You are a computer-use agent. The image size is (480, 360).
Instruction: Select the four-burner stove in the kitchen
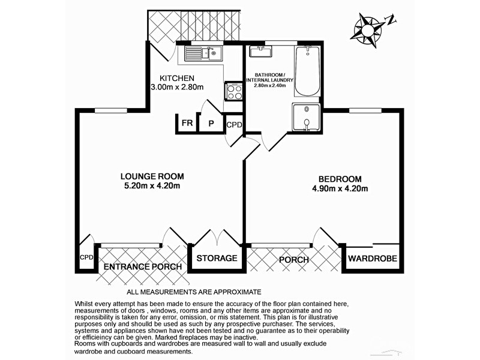click(x=233, y=91)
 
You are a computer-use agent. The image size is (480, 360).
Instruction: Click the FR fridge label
click(x=187, y=124)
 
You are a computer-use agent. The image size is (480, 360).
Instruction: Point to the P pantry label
click(x=211, y=124)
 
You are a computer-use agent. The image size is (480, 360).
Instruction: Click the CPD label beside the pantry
click(x=234, y=125)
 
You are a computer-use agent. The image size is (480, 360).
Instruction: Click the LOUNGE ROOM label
click(x=152, y=176)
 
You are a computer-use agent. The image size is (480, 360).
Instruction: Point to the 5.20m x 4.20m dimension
click(x=152, y=186)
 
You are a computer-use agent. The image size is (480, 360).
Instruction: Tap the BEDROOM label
click(x=340, y=179)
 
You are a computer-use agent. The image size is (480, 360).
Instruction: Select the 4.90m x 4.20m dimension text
click(x=340, y=188)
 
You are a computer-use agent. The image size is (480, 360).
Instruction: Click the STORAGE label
click(x=217, y=259)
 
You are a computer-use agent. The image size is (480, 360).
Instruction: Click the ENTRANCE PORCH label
click(x=143, y=266)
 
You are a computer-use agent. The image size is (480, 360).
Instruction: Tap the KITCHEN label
click(x=177, y=78)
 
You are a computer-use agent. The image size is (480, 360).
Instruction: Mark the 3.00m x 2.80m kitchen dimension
click(x=177, y=88)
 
